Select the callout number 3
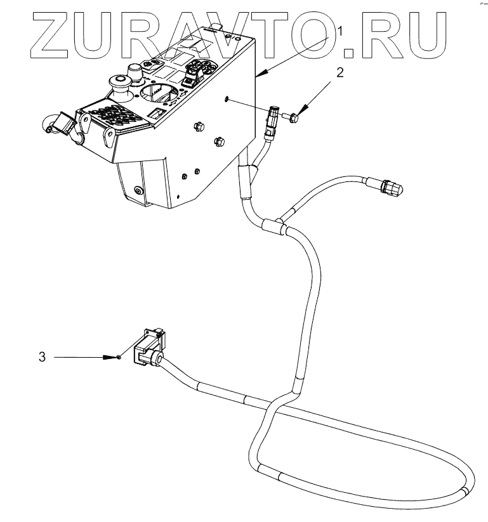point(42,357)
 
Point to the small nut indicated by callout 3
point(119,358)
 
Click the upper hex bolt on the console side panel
point(197,127)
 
